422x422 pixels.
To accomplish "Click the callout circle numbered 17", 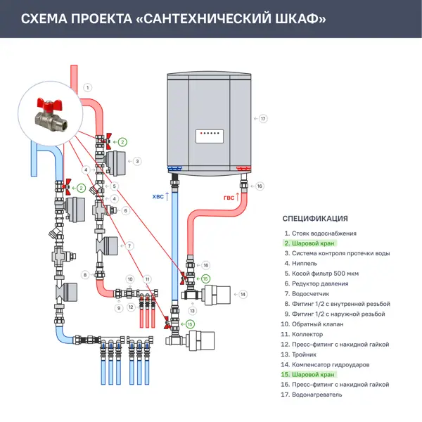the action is [263, 119].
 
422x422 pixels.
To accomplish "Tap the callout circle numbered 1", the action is [87, 88].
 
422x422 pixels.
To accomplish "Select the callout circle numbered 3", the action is [137, 162].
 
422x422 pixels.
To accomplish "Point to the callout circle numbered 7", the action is [129, 246].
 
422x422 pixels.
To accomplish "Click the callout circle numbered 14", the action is [243, 295].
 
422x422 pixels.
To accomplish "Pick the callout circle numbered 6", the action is [125, 211].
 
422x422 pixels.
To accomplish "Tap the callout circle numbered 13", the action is [192, 311].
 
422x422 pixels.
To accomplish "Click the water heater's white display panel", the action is [210, 136].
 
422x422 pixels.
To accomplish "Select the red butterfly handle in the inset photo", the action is [49, 103].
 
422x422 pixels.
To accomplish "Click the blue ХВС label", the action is [158, 197].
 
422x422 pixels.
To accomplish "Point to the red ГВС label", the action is [229, 198].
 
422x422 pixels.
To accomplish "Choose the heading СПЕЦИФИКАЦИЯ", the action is [315, 219].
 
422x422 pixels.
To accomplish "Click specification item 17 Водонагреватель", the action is [312, 395].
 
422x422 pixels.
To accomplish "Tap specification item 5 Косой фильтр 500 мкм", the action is [321, 274].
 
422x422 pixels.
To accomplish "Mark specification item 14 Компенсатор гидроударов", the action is [325, 364].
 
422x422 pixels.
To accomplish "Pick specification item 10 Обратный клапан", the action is [312, 324].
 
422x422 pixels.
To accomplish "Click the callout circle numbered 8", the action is [85, 275].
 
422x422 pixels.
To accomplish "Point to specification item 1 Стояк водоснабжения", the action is [321, 234].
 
